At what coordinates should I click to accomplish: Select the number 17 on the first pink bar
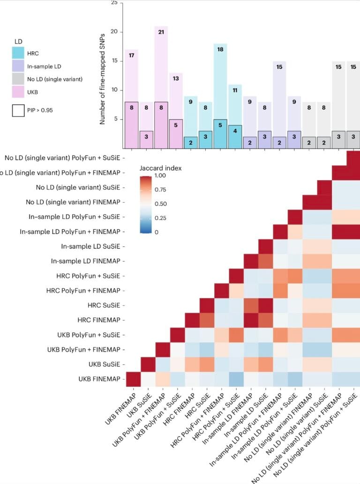click(132, 55)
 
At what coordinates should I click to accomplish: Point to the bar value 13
click(176, 78)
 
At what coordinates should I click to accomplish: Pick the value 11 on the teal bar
click(236, 90)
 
